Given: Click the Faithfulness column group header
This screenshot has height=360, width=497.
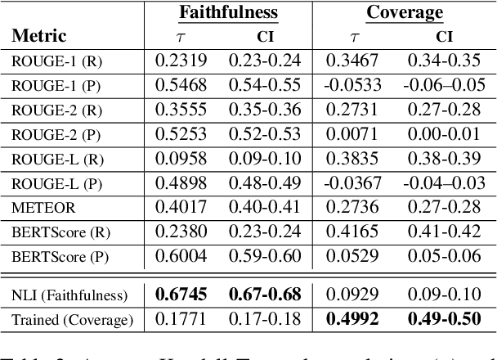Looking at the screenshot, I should (229, 13).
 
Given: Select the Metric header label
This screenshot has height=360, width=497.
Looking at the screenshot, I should (39, 37).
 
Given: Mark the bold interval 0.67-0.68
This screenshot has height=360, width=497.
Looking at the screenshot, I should (265, 294).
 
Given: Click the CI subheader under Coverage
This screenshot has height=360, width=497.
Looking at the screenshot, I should (444, 37).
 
